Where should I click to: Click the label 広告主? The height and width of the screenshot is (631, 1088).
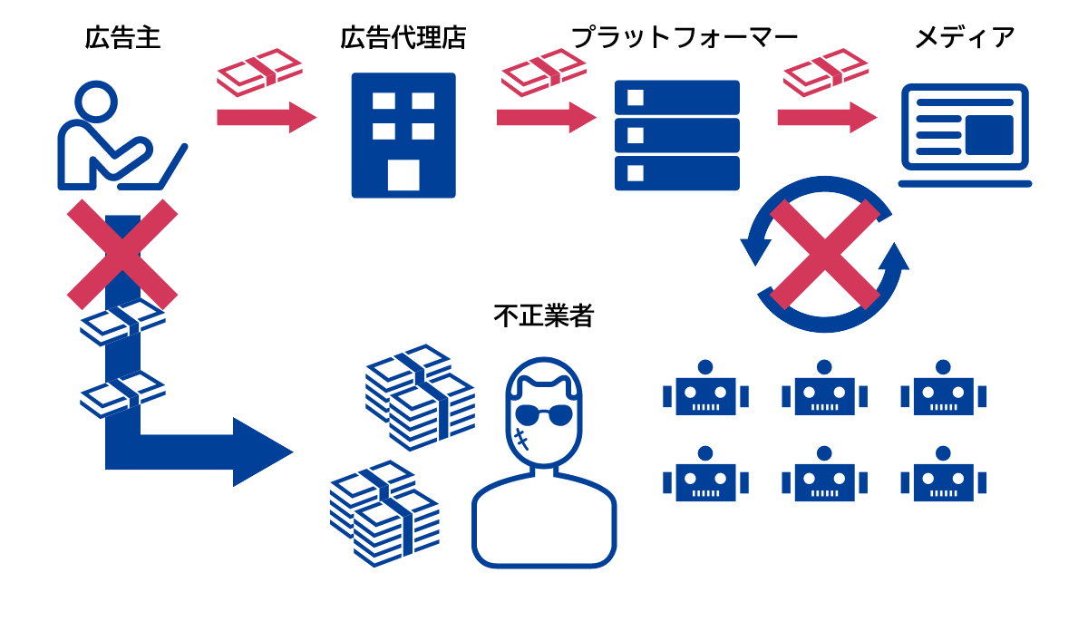click(x=122, y=38)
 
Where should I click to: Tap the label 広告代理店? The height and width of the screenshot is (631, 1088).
click(x=403, y=38)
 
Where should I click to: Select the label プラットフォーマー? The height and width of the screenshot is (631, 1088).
click(x=685, y=38)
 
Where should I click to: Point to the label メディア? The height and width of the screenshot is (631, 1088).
click(x=965, y=38)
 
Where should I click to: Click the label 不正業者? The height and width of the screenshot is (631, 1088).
click(x=543, y=315)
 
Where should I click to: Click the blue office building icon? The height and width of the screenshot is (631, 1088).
click(x=403, y=135)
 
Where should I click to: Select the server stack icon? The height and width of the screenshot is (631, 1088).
click(x=677, y=135)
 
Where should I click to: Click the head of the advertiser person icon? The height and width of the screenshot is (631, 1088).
click(x=96, y=102)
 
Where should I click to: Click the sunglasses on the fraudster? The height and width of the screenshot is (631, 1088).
click(x=544, y=415)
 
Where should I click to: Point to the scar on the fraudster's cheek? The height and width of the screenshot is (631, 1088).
click(x=521, y=439)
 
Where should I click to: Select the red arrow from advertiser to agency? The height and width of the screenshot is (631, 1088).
click(x=267, y=117)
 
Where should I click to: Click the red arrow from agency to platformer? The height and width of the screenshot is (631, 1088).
click(x=547, y=117)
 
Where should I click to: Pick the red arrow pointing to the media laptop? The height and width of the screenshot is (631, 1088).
click(x=827, y=117)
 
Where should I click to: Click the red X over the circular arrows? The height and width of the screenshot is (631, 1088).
click(x=825, y=254)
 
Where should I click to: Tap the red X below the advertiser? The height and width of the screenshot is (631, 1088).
click(x=122, y=254)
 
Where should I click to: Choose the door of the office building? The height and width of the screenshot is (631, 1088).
click(x=403, y=175)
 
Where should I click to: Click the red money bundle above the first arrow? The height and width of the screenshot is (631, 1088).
click(x=259, y=73)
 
